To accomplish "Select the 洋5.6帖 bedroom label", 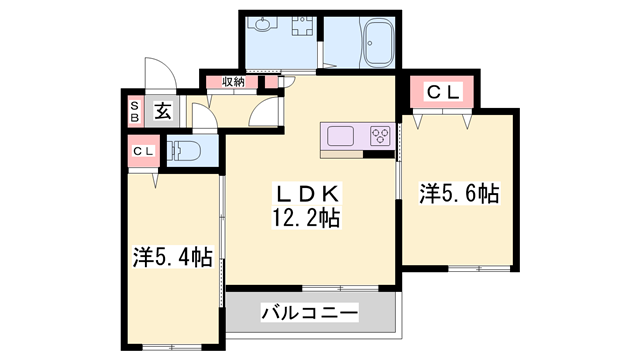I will click(x=459, y=193).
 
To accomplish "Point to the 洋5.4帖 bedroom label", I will click(x=172, y=257).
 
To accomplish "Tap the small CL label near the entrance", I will click(x=143, y=152).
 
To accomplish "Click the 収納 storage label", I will click(x=233, y=83).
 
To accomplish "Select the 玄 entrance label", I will click(x=163, y=110).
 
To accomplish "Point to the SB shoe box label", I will click(x=133, y=110).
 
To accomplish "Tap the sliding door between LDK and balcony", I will click(x=311, y=288).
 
